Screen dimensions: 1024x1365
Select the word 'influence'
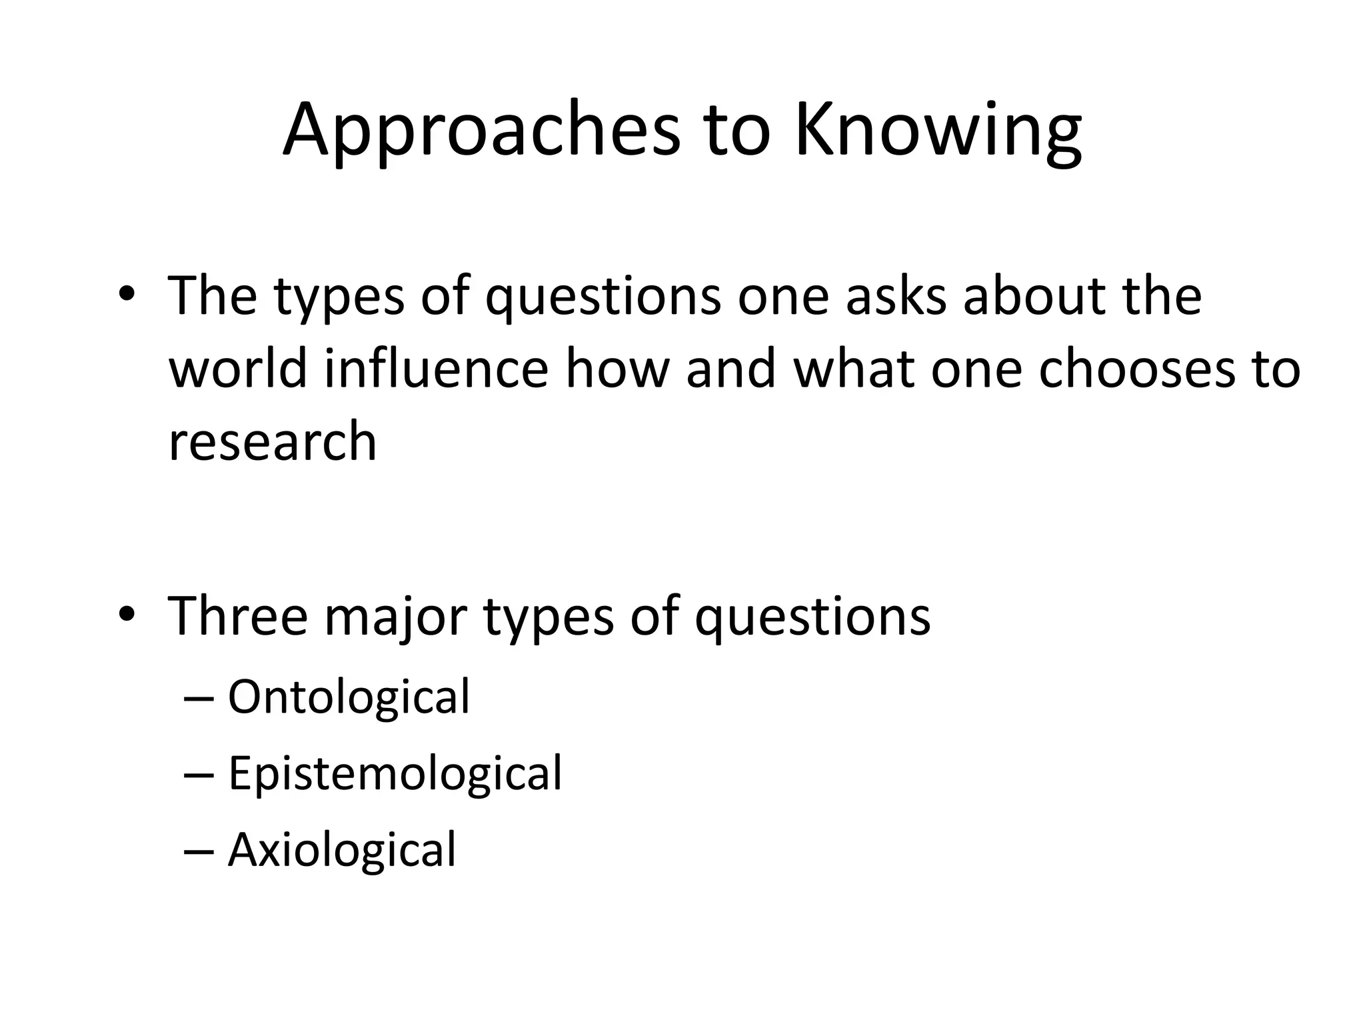[x=436, y=368]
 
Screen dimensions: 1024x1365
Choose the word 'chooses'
[x=1136, y=368]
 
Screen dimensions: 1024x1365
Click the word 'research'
[x=273, y=441]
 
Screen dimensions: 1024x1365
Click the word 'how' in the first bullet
[x=617, y=368]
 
